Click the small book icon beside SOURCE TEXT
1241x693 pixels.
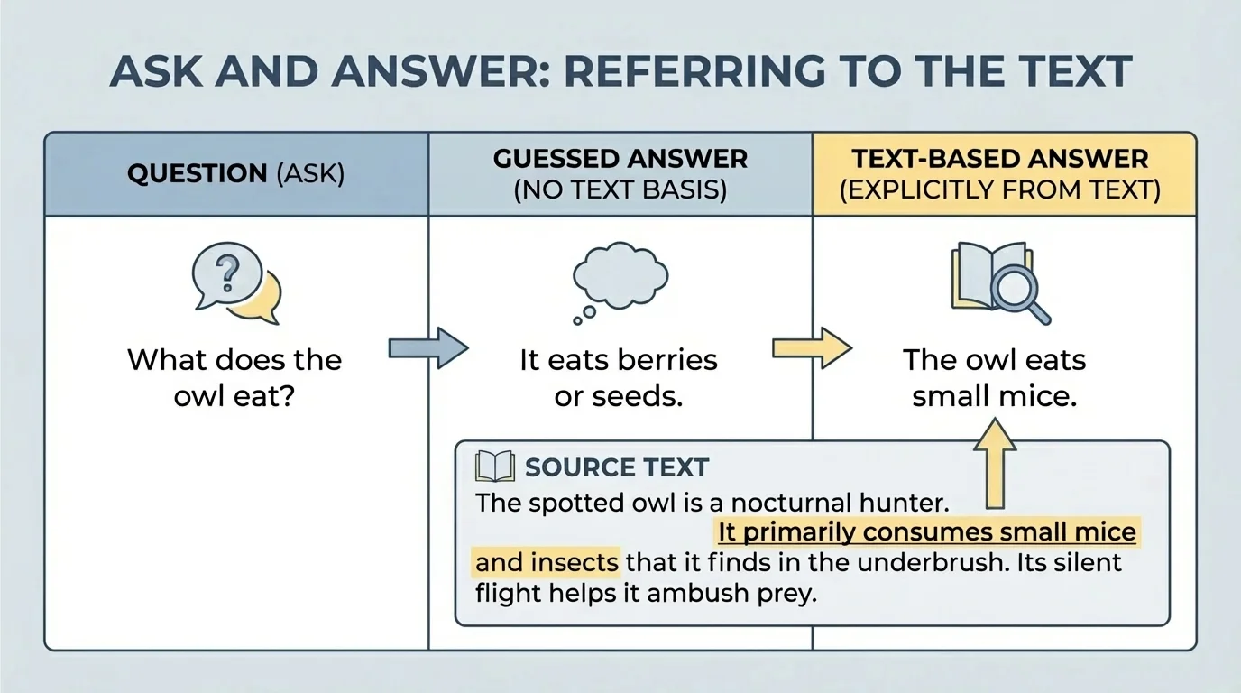point(493,467)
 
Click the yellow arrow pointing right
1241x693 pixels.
point(811,348)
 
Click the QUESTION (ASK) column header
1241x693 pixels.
point(236,174)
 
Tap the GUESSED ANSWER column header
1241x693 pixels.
point(620,174)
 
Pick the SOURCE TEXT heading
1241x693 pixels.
point(617,467)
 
